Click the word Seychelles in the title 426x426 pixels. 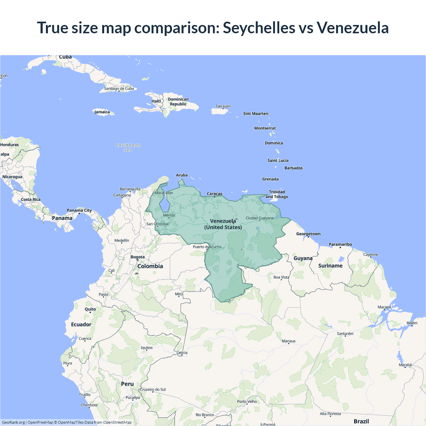click(x=259, y=28)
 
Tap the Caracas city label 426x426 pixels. click(x=214, y=194)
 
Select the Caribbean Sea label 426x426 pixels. click(x=128, y=147)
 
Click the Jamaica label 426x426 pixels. click(x=102, y=112)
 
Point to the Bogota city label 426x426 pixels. click(x=137, y=257)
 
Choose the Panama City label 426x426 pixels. click(x=79, y=210)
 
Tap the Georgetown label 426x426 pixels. click(x=308, y=234)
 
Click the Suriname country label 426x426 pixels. click(x=330, y=266)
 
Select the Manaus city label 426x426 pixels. click(x=289, y=341)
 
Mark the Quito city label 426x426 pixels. click(x=90, y=309)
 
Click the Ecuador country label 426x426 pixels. click(x=81, y=324)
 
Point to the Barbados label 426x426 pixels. click(x=294, y=168)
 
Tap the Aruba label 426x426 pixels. click(x=182, y=175)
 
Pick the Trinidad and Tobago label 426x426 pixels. click(x=277, y=194)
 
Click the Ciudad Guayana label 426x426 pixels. click(x=260, y=218)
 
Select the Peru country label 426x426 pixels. click(x=127, y=384)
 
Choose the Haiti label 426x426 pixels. click(x=156, y=101)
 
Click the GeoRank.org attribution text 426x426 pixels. click(x=13, y=422)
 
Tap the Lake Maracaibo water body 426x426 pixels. click(x=164, y=205)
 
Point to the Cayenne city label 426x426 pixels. click(x=370, y=255)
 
